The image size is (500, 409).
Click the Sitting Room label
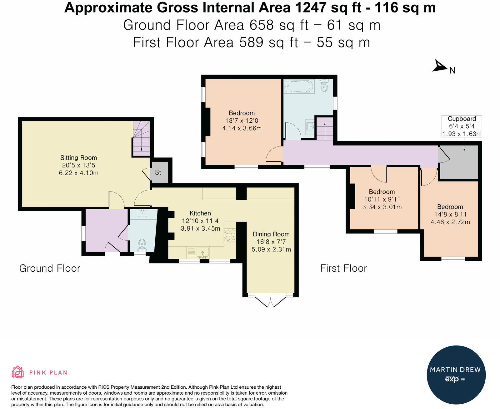pos(78,158)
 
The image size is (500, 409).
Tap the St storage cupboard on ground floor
pos(159,172)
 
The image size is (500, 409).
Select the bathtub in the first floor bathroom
pos(298,86)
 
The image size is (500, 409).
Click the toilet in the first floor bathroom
pos(324,86)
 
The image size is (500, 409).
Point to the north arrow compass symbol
pos(440,66)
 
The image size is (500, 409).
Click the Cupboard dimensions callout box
pos(462,126)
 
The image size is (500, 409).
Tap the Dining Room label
pos(271,234)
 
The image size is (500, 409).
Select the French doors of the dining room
pos(271,302)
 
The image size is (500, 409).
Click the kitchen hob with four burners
pos(230,235)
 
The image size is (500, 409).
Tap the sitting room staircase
pos(141,139)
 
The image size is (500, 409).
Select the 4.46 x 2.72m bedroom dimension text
pos(450,222)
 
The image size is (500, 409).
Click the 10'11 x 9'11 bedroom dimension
pos(382,199)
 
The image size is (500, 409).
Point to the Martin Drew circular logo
pos(456,375)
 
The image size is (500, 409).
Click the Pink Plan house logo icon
pos(17,372)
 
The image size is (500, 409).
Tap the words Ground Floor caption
pos(50,268)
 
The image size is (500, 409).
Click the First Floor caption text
pos(343,268)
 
